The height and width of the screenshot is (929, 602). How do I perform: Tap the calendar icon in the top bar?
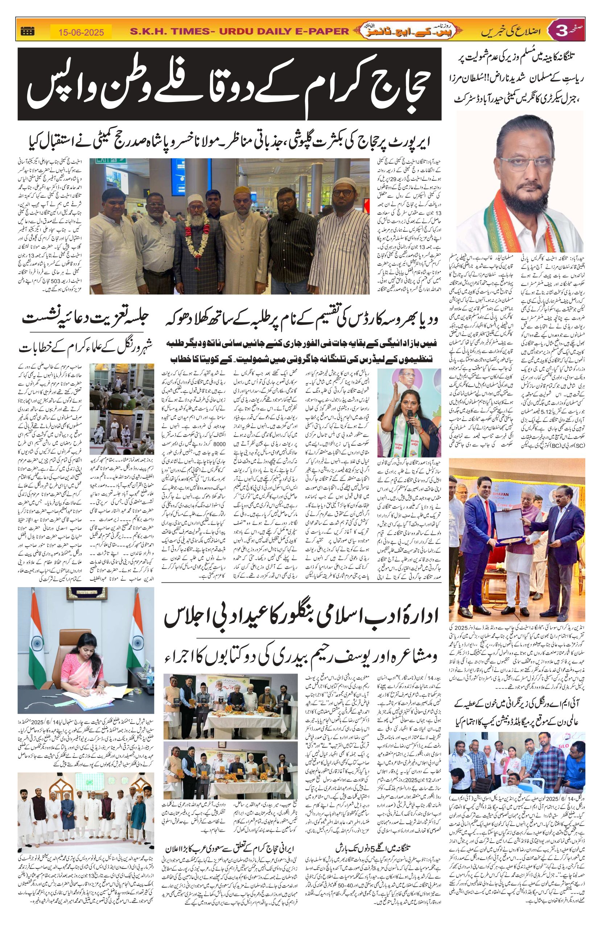click(x=26, y=31)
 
